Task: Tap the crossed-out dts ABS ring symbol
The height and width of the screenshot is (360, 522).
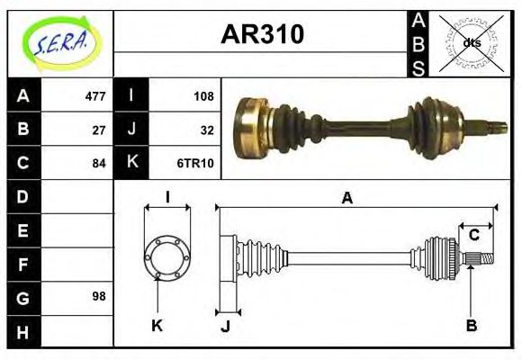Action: pos(472,41)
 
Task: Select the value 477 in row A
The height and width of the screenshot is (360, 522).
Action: pos(94,96)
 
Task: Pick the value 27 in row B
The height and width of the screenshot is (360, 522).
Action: pos(99,130)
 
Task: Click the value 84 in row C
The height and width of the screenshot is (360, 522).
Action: pos(99,164)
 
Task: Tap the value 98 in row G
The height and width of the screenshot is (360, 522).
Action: pos(99,296)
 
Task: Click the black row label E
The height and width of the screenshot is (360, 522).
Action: pos(22,230)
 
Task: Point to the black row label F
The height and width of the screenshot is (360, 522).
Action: pos(22,264)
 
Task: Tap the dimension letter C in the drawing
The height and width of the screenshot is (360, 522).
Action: pos(473,236)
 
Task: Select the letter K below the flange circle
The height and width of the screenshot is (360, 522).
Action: pos(157,326)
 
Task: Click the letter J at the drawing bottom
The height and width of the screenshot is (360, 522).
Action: pos(226,326)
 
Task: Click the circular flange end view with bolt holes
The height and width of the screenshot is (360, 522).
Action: pos(167,257)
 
